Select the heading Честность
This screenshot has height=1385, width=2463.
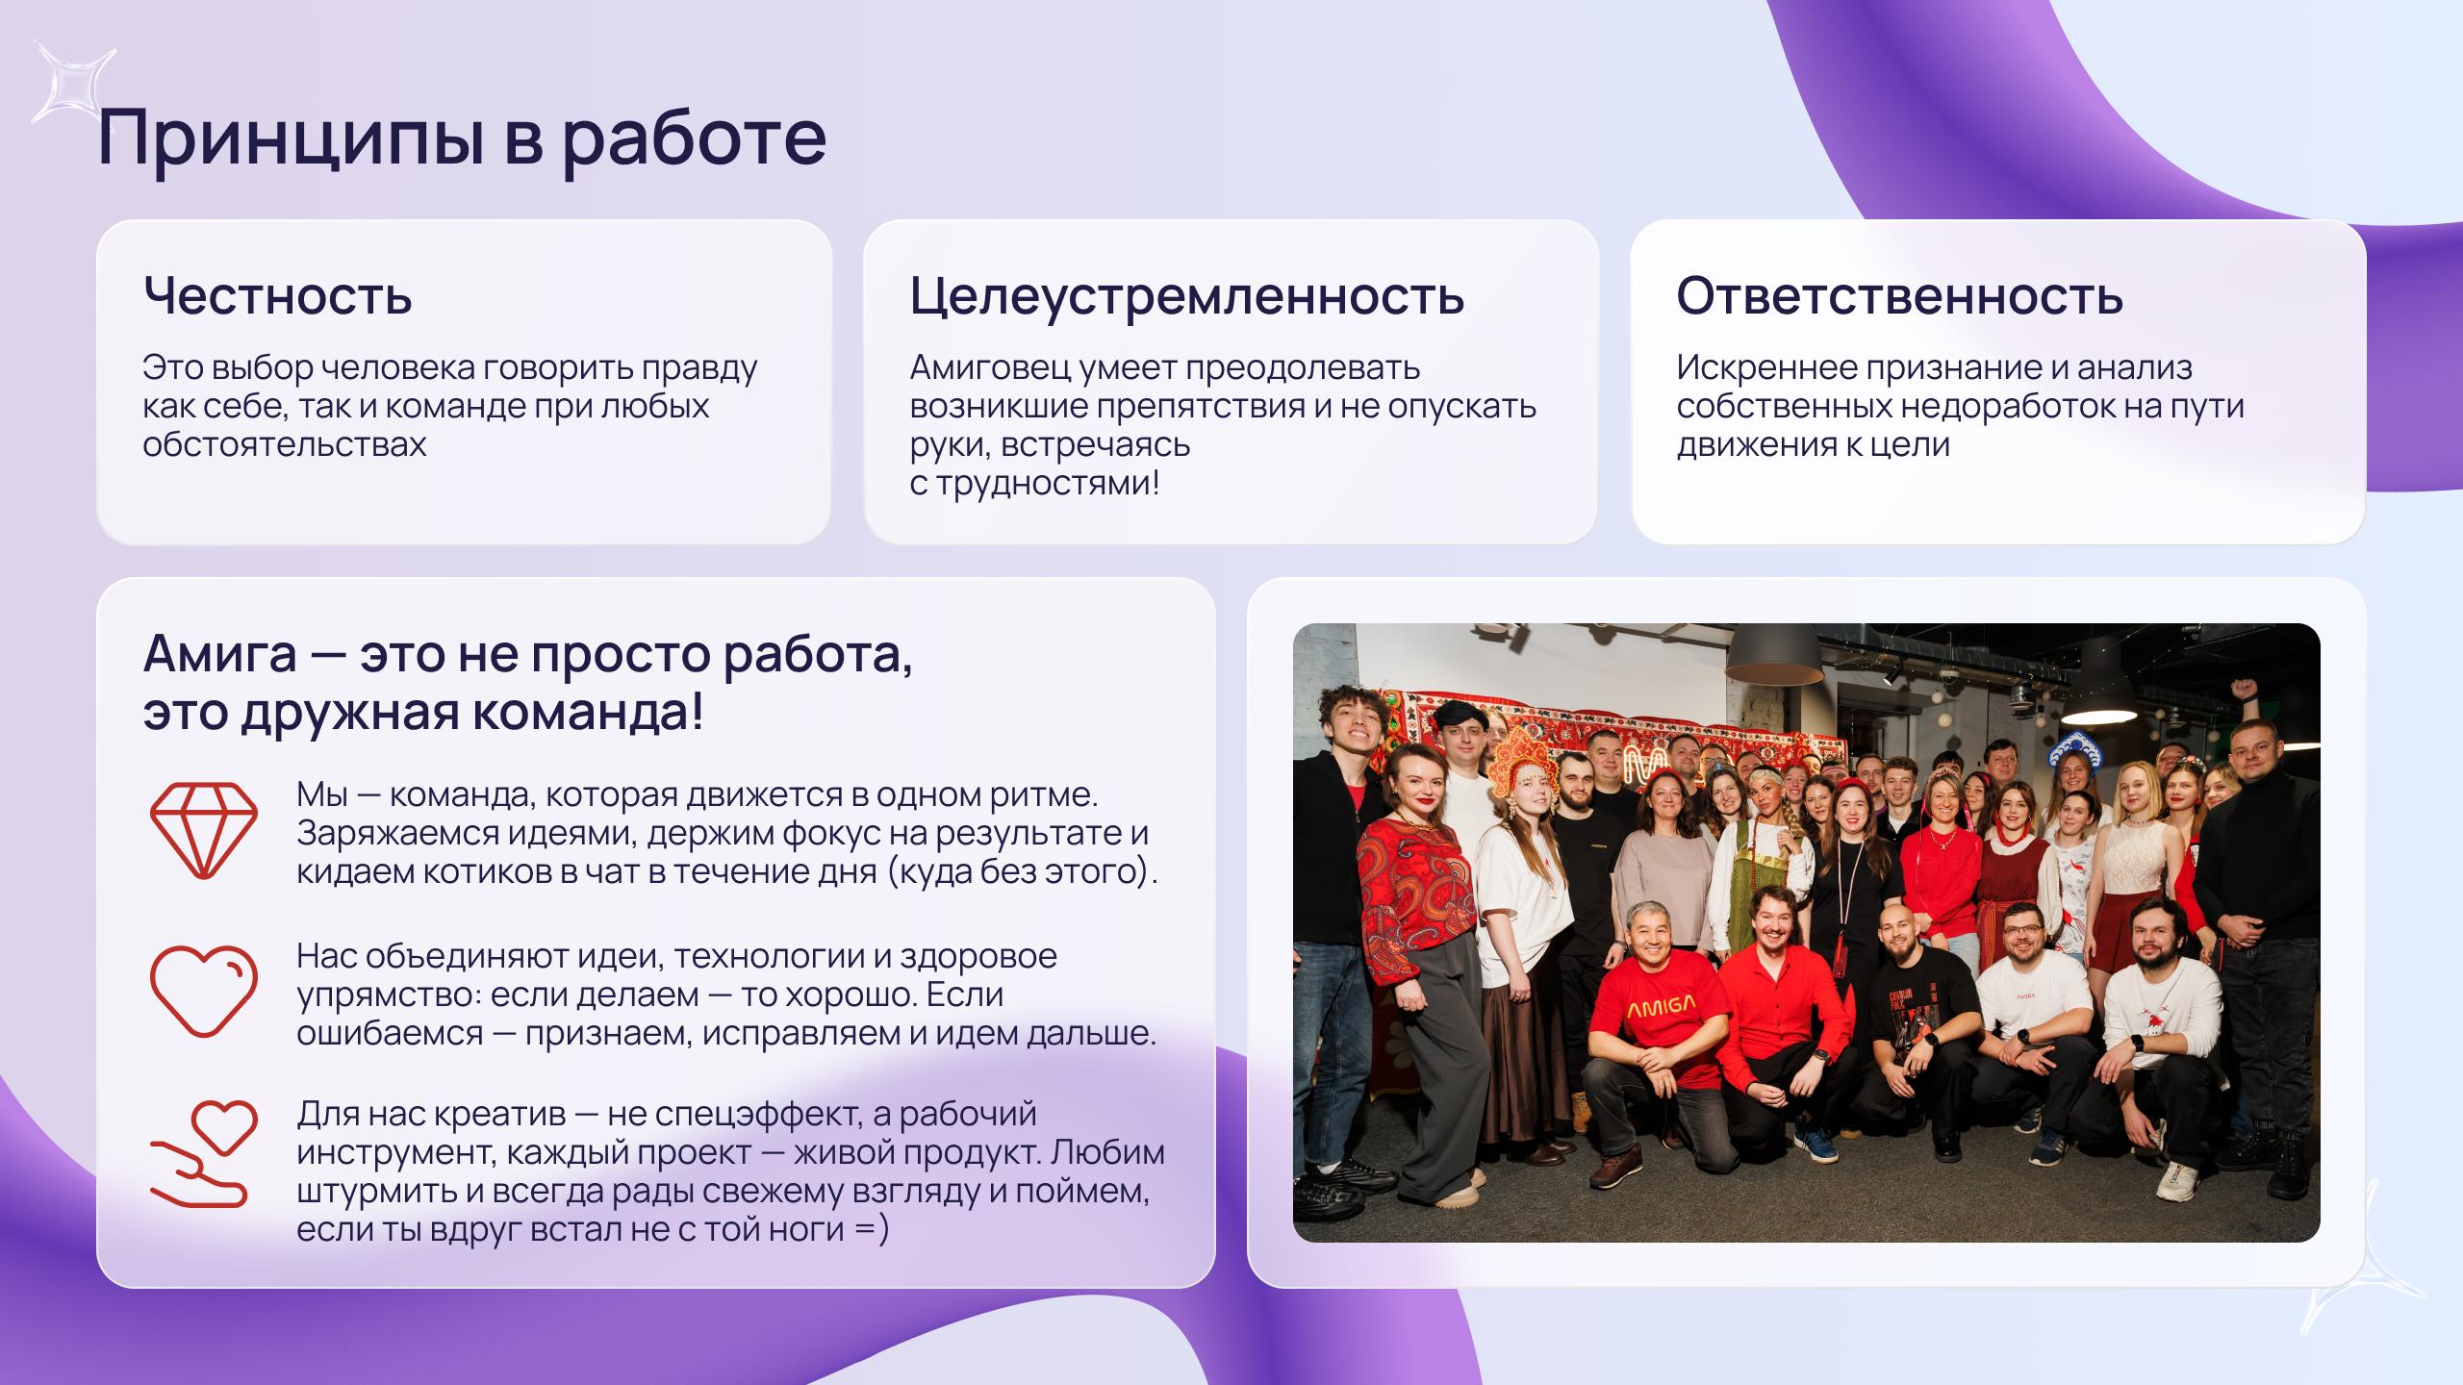(277, 295)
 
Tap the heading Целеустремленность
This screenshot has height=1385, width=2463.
(1186, 295)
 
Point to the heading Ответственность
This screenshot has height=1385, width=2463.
(1899, 295)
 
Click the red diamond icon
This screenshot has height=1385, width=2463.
(204, 829)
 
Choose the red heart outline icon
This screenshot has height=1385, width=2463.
(204, 991)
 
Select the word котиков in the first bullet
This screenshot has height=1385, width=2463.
(472, 871)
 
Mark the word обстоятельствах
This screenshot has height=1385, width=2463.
(284, 444)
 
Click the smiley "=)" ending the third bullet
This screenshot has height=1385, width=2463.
(871, 1229)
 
